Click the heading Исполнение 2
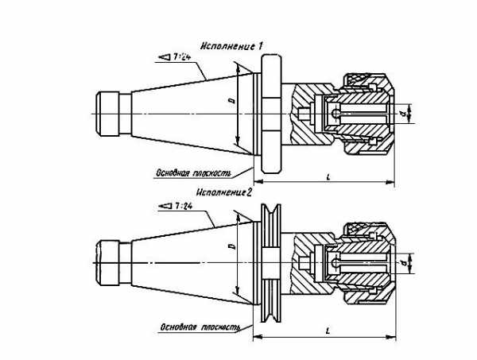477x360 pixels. pyautogui.click(x=223, y=192)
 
